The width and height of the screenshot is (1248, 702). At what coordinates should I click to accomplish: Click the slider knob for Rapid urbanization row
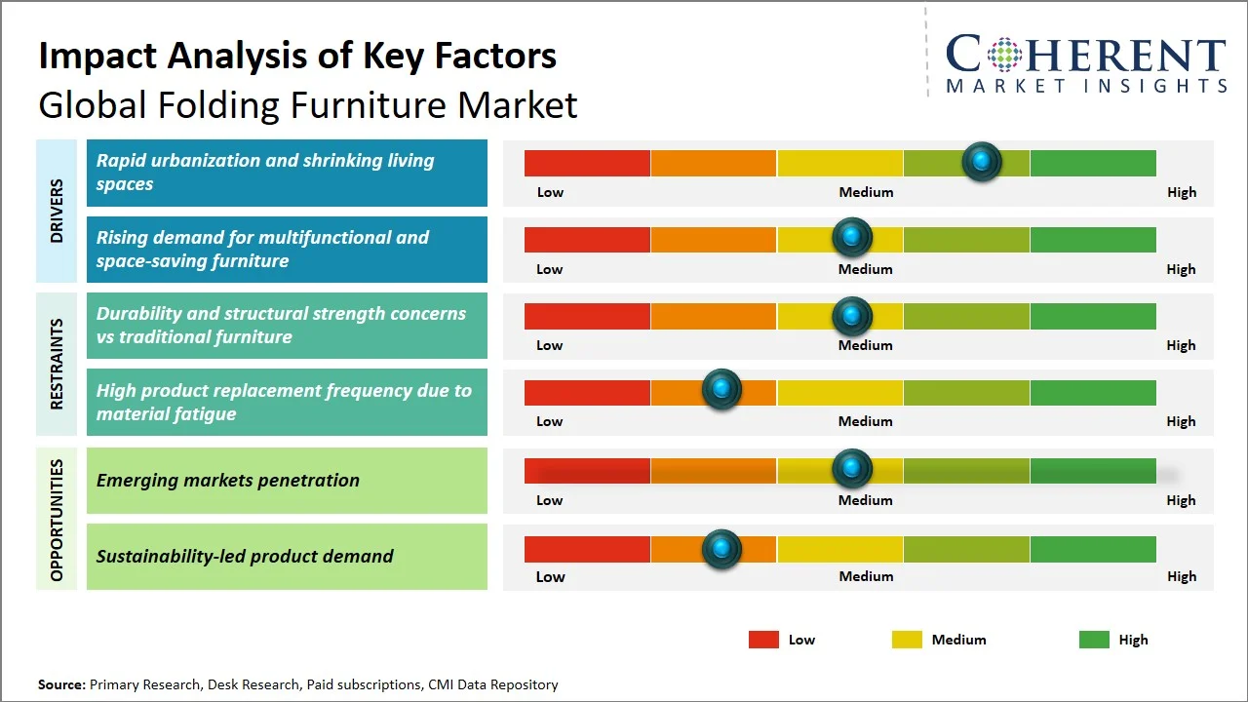pyautogui.click(x=982, y=162)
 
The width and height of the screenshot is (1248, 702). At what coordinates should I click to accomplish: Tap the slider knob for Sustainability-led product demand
pyautogui.click(x=721, y=549)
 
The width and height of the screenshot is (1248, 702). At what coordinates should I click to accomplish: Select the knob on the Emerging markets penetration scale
pyautogui.click(x=852, y=469)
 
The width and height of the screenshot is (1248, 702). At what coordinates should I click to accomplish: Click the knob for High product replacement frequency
pyautogui.click(x=721, y=390)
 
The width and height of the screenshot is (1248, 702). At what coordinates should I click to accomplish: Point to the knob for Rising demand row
pyautogui.click(x=852, y=237)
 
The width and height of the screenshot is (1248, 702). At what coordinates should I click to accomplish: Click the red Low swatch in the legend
pyautogui.click(x=763, y=640)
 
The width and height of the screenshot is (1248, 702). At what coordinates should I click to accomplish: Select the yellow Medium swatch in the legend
pyautogui.click(x=907, y=640)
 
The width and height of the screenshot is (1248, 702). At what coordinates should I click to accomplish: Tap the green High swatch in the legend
pyautogui.click(x=1094, y=640)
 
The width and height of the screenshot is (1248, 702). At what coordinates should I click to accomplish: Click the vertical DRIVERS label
pyautogui.click(x=57, y=211)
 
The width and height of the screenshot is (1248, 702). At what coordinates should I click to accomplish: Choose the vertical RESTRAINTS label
pyautogui.click(x=57, y=364)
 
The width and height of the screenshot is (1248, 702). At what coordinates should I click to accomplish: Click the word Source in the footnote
pyautogui.click(x=60, y=684)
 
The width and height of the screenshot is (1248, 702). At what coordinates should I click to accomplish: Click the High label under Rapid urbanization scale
pyautogui.click(x=1182, y=192)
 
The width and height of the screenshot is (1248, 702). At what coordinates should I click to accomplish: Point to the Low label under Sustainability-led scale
pyautogui.click(x=550, y=576)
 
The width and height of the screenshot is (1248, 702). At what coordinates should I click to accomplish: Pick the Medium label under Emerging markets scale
pyautogui.click(x=866, y=500)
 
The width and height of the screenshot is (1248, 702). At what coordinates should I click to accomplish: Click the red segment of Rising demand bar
pyautogui.click(x=587, y=239)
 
